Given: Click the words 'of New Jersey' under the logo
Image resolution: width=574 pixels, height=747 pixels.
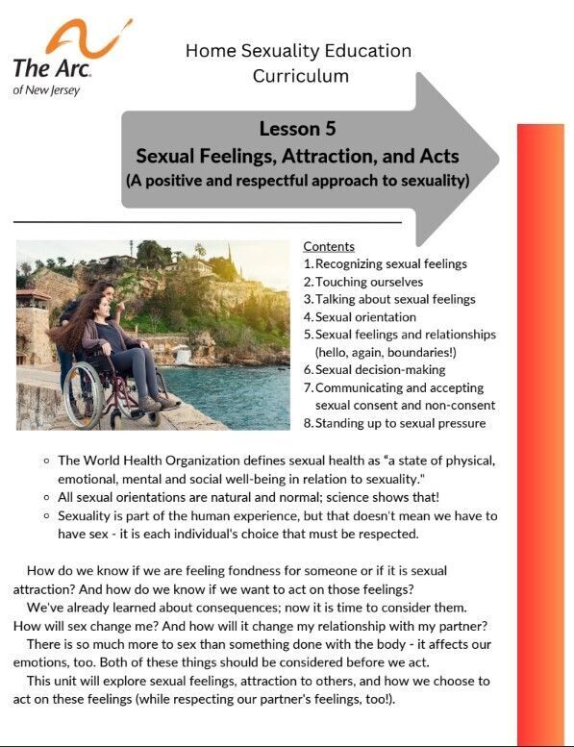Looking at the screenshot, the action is tap(46, 90).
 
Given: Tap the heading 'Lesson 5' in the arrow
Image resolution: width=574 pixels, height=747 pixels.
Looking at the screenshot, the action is tap(297, 129).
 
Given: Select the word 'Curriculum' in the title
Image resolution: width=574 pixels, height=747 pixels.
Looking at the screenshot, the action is tap(300, 75).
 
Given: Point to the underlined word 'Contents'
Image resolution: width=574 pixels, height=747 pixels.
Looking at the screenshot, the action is tap(329, 247).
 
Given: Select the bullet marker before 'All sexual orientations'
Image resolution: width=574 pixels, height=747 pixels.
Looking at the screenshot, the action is tap(46, 497).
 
